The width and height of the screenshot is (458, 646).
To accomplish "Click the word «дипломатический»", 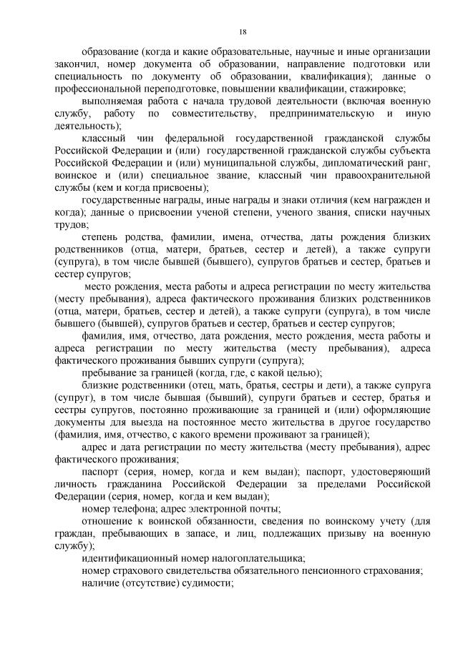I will (336, 164).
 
